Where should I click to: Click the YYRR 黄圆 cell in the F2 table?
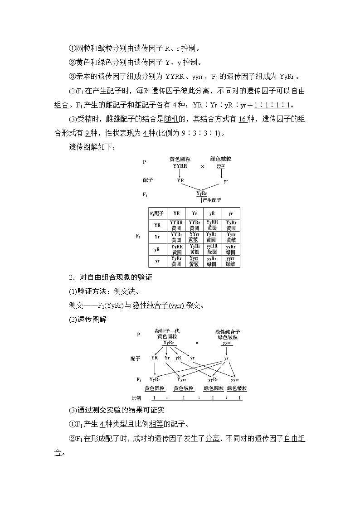(176, 225)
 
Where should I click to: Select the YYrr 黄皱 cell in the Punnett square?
(194, 237)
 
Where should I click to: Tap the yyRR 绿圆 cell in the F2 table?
(212, 249)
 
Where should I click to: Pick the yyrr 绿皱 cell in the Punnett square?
(230, 261)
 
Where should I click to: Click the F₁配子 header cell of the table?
(157, 213)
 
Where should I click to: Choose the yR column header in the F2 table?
(212, 213)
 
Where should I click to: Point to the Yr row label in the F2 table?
(157, 237)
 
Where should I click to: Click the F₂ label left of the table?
(138, 236)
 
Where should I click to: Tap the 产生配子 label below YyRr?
(211, 200)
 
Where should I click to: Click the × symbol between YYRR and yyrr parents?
(203, 166)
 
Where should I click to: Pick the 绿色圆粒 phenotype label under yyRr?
(214, 388)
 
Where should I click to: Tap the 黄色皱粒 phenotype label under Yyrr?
(184, 388)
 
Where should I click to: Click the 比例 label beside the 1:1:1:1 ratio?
(136, 398)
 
